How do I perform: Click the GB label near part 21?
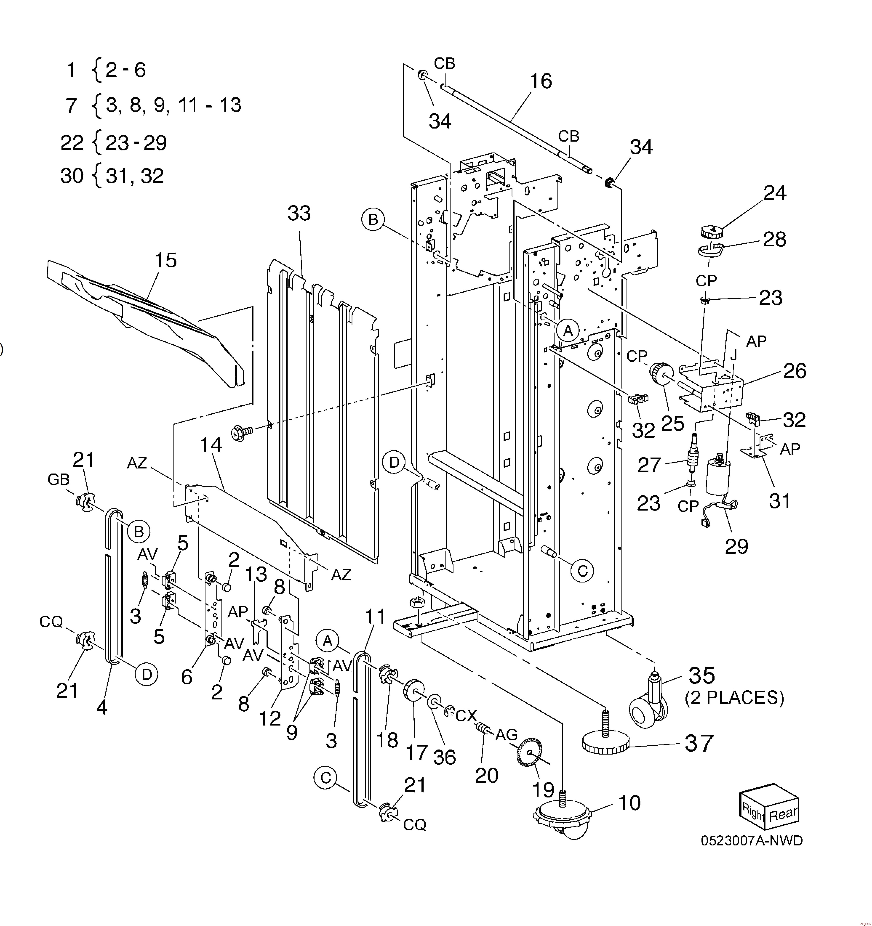(x=58, y=479)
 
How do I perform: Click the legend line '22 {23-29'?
(x=114, y=143)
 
